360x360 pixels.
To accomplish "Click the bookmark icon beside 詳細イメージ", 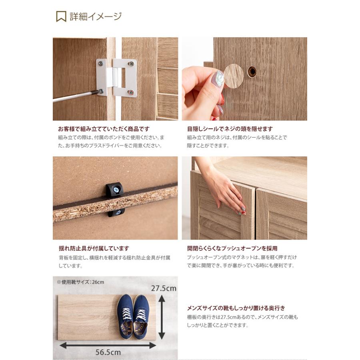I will coord(61,17).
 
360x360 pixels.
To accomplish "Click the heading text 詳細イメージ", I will coord(95,17).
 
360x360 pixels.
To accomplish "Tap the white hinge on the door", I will coord(116,78).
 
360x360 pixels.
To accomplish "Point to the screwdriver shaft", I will coord(74,96).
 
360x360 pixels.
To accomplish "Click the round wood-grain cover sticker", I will coord(234,76).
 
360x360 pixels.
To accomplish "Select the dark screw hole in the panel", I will coord(252,72).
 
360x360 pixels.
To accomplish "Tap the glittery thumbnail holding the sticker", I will coord(218,79).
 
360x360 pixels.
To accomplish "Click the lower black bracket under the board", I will coord(116,212).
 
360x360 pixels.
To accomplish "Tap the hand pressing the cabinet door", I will coord(224,188).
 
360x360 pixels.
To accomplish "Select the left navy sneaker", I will coord(125,316).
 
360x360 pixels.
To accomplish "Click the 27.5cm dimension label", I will coord(164,288).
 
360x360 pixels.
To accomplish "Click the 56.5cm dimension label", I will coord(108,352).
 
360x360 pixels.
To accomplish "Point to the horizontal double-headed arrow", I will coord(108,345).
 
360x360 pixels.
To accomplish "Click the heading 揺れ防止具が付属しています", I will coord(94,248).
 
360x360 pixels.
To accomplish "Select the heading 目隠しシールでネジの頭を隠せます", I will coord(230,129).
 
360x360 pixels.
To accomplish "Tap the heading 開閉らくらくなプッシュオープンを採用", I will coord(232,248).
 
